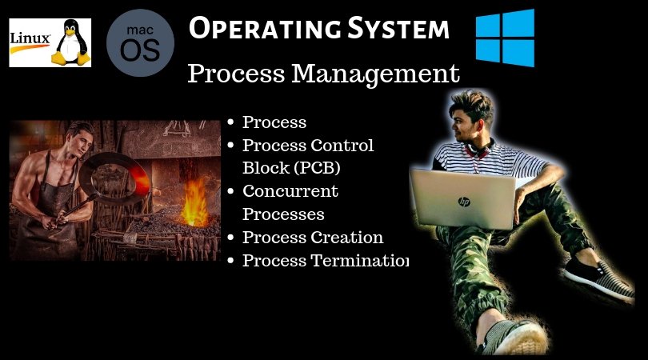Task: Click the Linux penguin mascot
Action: [x=71, y=43]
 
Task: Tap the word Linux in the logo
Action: [x=30, y=38]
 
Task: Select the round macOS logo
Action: [x=140, y=44]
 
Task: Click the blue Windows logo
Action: [x=505, y=37]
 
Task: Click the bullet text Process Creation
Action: [x=312, y=238]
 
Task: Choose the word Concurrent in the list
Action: [x=290, y=191]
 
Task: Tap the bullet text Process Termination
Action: [x=325, y=261]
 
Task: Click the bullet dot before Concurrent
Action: [x=230, y=191]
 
